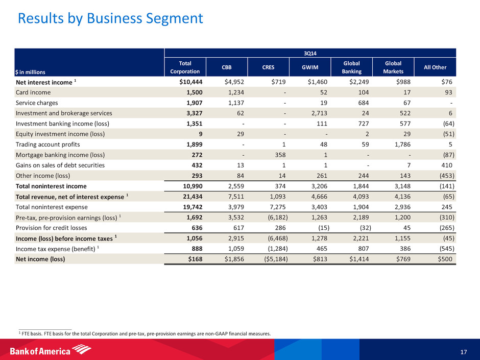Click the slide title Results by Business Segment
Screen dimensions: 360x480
(110, 19)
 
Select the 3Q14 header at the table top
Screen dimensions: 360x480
(310, 53)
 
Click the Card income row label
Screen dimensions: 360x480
(35, 91)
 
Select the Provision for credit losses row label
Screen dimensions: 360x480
(53, 227)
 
